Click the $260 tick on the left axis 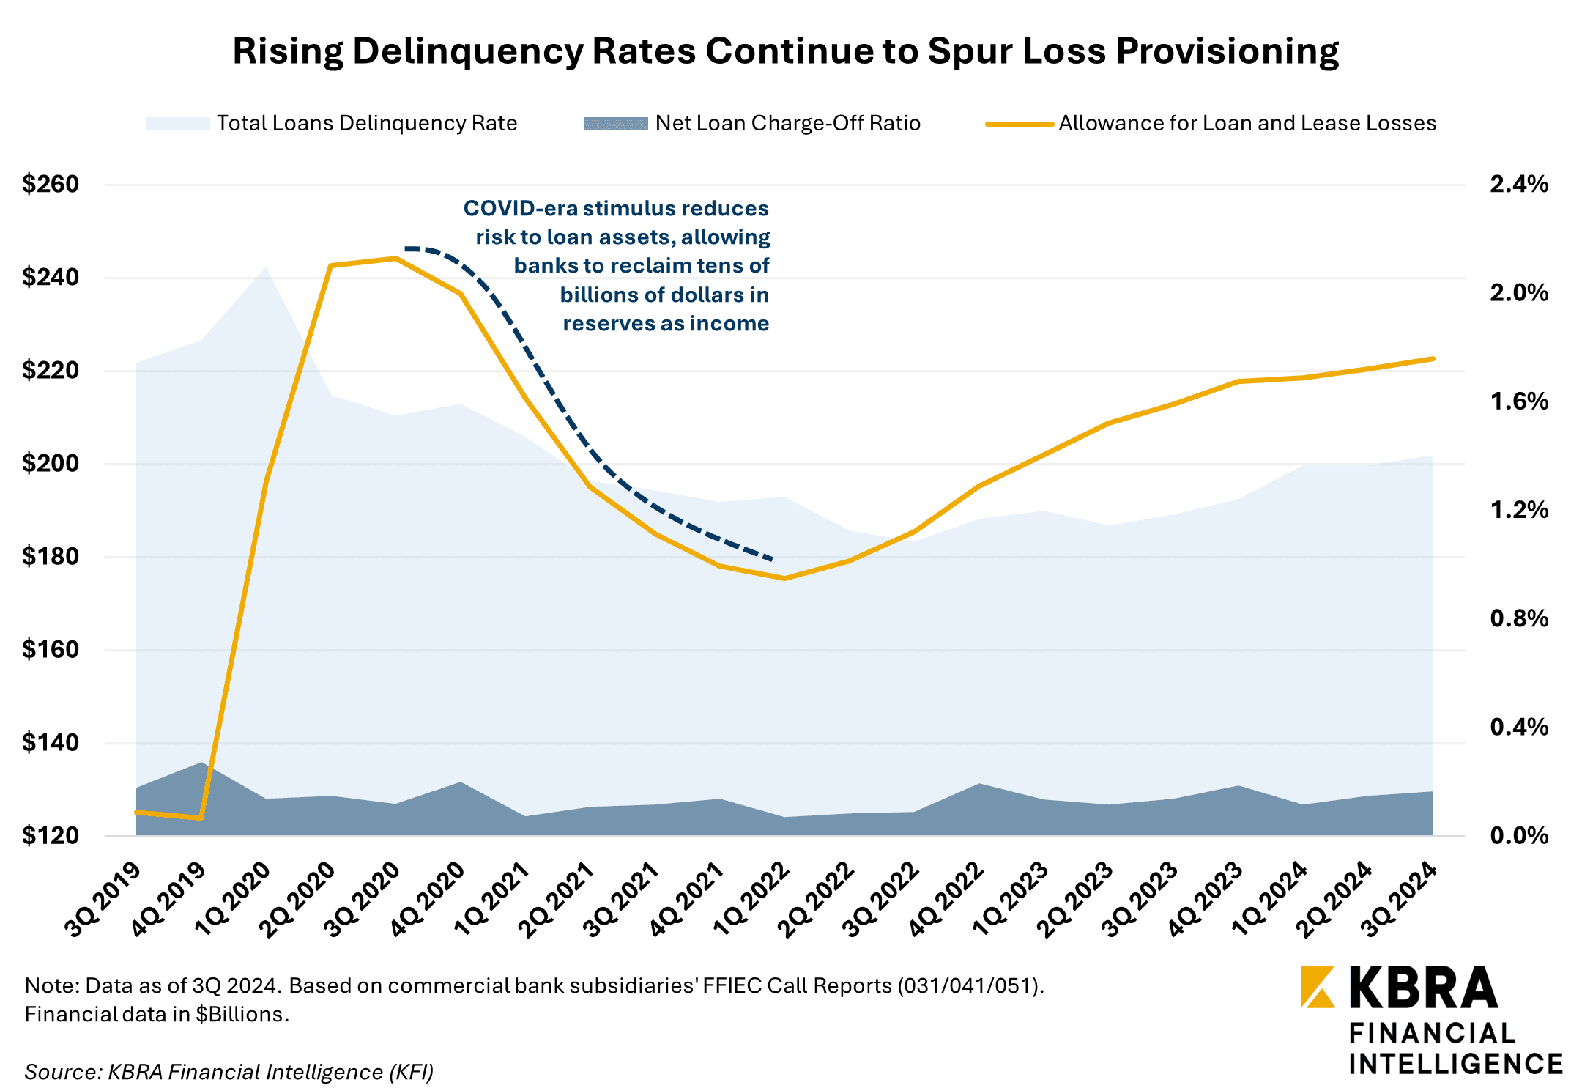(x=50, y=184)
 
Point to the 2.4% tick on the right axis (x=1518, y=184)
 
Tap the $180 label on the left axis (x=50, y=557)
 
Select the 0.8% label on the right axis (x=1518, y=619)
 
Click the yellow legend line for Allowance (x=1019, y=124)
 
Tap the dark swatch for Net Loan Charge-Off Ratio (x=615, y=124)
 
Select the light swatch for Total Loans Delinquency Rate (x=178, y=124)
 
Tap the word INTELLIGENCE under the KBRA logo (x=1456, y=1063)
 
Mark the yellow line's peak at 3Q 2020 (x=395, y=258)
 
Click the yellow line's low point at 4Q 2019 (x=200, y=818)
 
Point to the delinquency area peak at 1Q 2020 (x=265, y=267)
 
